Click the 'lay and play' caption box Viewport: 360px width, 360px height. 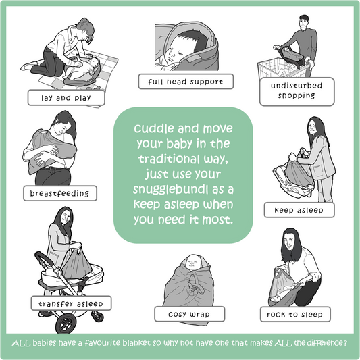click(66, 98)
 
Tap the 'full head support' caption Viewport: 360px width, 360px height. click(186, 82)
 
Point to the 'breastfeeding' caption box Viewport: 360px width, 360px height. click(60, 193)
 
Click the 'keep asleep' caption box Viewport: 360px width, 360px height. click(299, 210)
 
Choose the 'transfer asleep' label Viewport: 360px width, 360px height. click(71, 303)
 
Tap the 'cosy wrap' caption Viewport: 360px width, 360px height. click(189, 314)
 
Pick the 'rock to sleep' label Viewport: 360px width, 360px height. click(295, 314)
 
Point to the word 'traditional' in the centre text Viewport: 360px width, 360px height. click(169, 159)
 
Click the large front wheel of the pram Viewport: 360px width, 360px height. click(66, 324)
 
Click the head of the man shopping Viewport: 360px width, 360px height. click(303, 22)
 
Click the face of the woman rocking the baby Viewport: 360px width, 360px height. click(290, 242)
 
